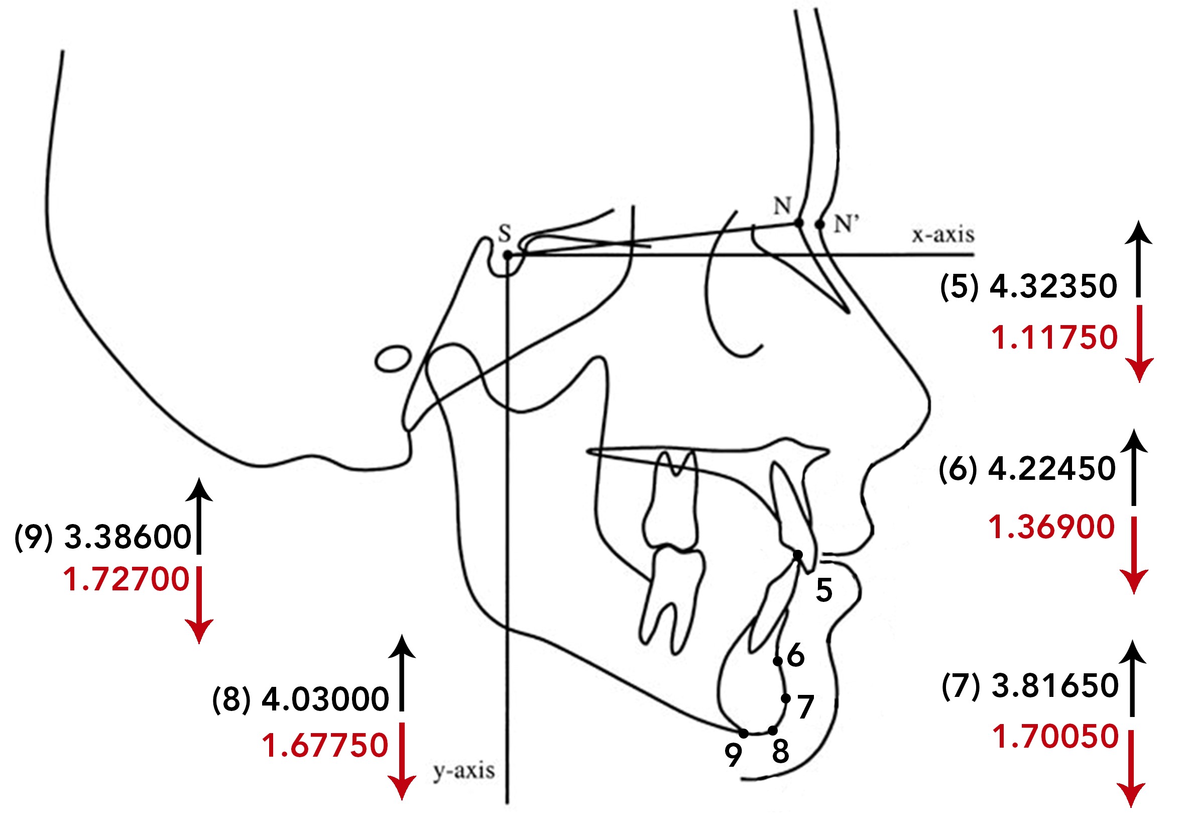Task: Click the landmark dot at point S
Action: (x=507, y=255)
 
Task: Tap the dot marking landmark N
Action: (x=798, y=223)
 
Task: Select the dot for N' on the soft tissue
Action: (x=820, y=225)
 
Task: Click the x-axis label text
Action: (x=943, y=235)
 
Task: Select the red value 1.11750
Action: (x=1054, y=338)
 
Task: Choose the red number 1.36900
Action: (x=1051, y=527)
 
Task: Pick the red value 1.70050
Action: (x=1055, y=736)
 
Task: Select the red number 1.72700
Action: (x=127, y=579)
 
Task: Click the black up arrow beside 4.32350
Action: (x=1138, y=259)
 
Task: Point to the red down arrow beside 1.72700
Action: (x=199, y=605)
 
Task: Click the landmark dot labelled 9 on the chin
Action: (x=744, y=734)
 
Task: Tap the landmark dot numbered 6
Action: (x=777, y=662)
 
